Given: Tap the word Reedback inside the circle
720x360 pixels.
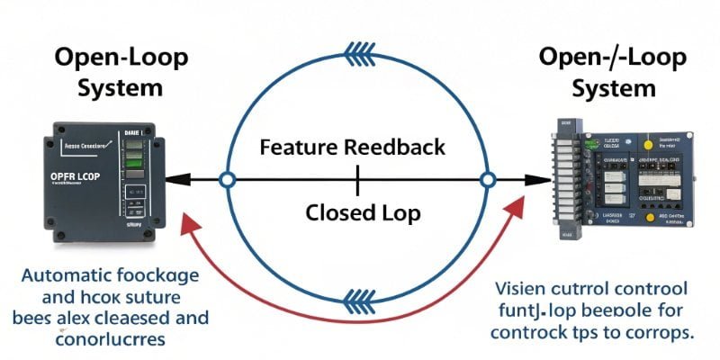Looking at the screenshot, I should (x=400, y=147).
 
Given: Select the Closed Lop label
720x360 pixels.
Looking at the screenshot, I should (x=358, y=213).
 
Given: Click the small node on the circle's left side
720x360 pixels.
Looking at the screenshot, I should (x=228, y=180).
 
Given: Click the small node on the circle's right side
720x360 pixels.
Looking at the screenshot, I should (x=488, y=180).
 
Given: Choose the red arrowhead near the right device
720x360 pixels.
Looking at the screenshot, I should (x=520, y=209).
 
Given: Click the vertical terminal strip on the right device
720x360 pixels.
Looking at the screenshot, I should (x=566, y=180).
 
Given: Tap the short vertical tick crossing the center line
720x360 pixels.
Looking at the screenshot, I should (x=358, y=180).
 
